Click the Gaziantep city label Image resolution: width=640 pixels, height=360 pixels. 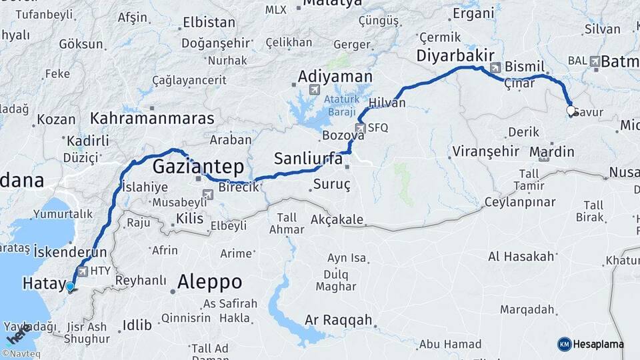[x=198, y=166]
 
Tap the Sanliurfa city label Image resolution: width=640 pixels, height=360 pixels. [x=308, y=159]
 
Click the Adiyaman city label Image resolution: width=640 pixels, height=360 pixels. [x=335, y=76]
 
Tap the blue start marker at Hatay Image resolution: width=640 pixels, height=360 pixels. [x=70, y=287]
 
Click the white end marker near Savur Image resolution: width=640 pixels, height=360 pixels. [x=571, y=111]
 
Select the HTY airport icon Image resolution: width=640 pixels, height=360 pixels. [x=83, y=271]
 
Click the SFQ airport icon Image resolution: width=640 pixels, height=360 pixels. [x=361, y=128]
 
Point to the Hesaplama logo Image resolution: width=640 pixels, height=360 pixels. [x=591, y=344]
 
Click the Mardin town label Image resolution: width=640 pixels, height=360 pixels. [x=552, y=152]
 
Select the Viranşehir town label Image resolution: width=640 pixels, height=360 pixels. [x=485, y=151]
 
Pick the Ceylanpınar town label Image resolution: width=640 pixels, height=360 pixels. [x=519, y=201]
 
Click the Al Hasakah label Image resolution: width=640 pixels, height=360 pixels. [x=521, y=257]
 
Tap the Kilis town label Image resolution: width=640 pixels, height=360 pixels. [x=189, y=219]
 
